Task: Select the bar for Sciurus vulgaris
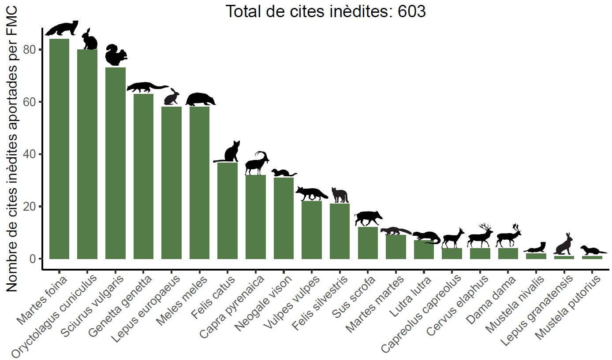click(115, 163)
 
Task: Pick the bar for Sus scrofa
click(368, 243)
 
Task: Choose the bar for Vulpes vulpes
click(312, 230)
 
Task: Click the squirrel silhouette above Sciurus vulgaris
click(116, 56)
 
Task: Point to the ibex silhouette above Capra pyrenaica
click(256, 163)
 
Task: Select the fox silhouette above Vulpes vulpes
click(312, 193)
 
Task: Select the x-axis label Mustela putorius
click(569, 308)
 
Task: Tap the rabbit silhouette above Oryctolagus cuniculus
click(90, 39)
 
